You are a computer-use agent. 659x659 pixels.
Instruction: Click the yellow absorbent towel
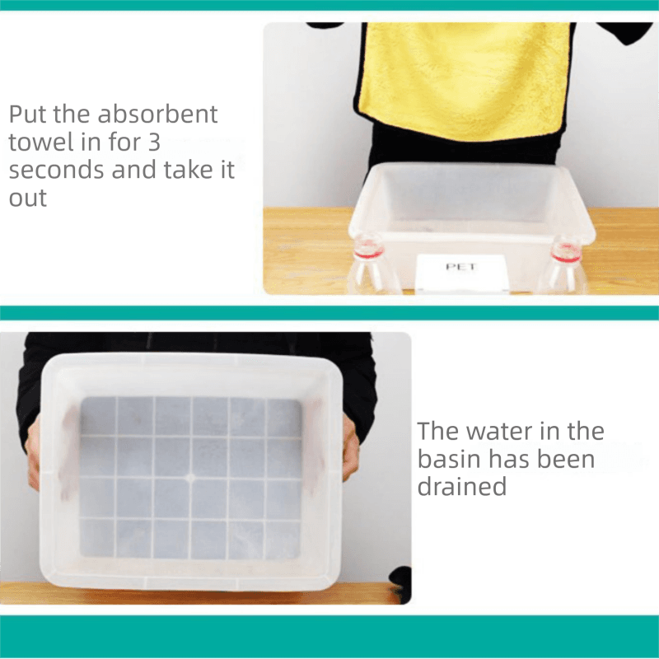[465, 80]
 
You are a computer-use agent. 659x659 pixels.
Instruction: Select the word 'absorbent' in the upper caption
[157, 114]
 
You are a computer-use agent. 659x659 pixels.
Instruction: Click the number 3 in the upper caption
[154, 142]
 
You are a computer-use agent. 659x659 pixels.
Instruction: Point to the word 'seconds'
[56, 171]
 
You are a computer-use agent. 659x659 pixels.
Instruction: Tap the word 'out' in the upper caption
[27, 199]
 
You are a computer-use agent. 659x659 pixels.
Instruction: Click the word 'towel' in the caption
[40, 142]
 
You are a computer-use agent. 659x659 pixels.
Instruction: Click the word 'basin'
[449, 459]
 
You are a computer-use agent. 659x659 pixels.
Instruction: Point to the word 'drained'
[461, 487]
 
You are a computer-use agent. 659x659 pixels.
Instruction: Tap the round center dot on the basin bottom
[190, 479]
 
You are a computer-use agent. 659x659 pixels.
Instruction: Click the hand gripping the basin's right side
[350, 446]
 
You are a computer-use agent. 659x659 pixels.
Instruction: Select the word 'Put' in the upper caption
[28, 114]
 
